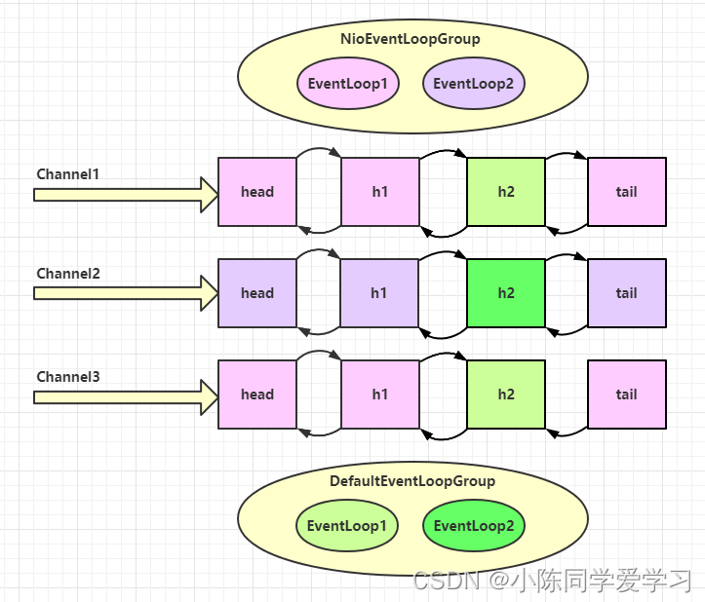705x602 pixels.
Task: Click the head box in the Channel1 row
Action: pos(257,192)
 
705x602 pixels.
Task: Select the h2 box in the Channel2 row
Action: pos(506,293)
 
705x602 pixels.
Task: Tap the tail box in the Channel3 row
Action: pos(627,395)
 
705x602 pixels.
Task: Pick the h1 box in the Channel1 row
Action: pos(380,192)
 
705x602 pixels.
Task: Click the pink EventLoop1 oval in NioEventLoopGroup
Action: pos(347,84)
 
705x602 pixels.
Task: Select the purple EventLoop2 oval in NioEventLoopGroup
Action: pos(474,84)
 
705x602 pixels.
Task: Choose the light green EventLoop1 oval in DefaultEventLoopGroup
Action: pos(347,526)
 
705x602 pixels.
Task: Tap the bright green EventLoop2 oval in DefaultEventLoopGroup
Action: pos(474,526)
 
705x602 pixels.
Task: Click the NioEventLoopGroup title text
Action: pos(411,40)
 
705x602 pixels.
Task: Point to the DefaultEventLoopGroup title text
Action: pos(412,481)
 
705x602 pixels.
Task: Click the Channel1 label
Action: pos(68,174)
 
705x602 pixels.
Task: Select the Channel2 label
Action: pos(68,274)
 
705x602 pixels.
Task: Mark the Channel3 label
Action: pos(68,376)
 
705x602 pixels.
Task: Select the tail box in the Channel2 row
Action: pos(627,293)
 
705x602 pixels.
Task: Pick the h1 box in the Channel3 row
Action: pos(380,395)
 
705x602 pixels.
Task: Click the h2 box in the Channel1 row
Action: pos(506,192)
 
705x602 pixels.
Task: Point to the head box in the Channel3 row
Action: pos(257,395)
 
